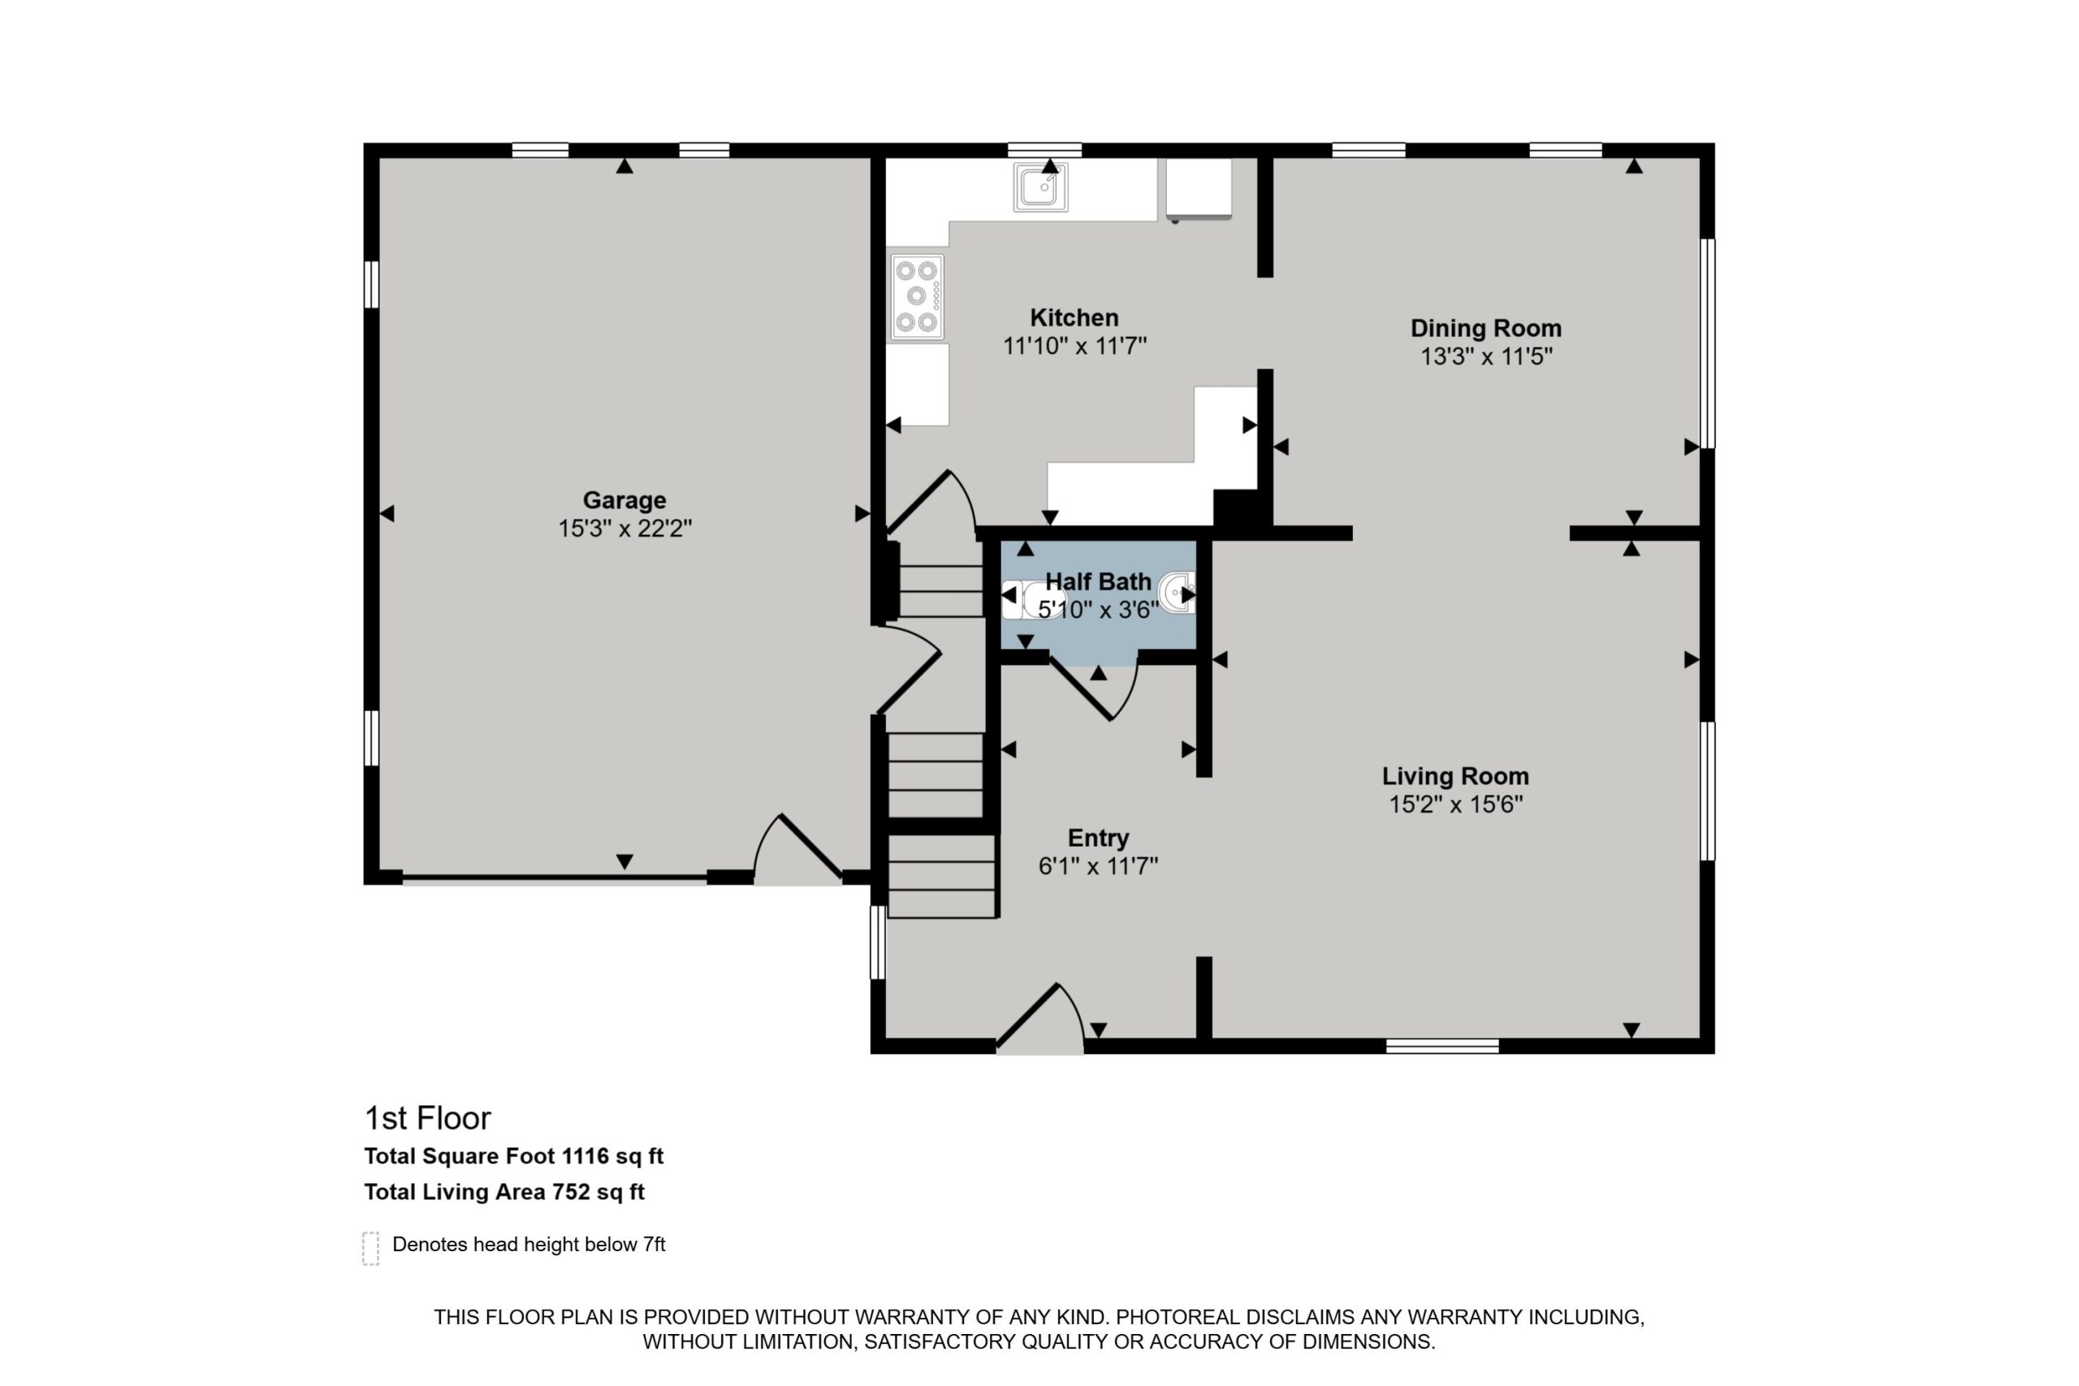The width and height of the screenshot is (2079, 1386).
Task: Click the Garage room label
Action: [624, 500]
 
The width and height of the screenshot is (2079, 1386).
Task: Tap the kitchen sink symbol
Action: [1040, 188]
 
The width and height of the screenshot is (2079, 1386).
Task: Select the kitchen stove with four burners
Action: [917, 297]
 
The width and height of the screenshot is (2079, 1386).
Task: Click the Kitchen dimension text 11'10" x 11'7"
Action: [1074, 346]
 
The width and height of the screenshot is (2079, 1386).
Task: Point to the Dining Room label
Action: [1486, 328]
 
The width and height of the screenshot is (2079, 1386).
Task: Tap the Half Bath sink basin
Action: [1177, 592]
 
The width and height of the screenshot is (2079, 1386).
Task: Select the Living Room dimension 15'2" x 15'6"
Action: [1456, 805]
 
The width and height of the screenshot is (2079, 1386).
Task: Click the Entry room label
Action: [1098, 838]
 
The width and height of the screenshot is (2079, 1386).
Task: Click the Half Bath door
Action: [1093, 689]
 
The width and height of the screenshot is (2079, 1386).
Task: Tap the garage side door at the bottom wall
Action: [798, 848]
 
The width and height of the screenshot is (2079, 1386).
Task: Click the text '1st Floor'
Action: [428, 1118]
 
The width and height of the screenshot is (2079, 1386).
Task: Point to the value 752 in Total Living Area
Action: [571, 1193]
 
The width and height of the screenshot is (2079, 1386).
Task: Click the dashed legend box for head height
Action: [371, 1248]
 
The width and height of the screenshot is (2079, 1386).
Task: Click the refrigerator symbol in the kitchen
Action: [1199, 188]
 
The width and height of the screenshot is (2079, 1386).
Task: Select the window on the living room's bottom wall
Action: [1442, 1047]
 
